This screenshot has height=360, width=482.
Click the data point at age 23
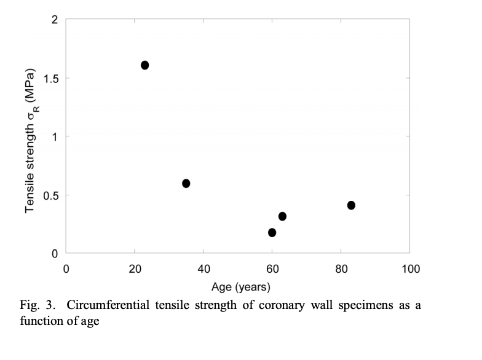click(x=145, y=65)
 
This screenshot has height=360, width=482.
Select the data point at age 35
click(x=186, y=183)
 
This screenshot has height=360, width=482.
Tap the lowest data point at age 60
click(x=272, y=232)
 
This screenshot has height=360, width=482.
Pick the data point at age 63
click(x=283, y=216)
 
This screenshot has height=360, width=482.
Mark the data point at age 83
click(x=351, y=205)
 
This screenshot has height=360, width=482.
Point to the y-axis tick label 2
click(x=55, y=20)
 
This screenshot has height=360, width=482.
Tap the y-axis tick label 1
click(x=55, y=136)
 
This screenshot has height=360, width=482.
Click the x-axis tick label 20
click(x=135, y=268)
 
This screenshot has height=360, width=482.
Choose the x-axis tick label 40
click(x=204, y=268)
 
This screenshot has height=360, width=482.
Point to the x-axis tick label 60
click(x=272, y=268)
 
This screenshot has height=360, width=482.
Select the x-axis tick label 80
click(x=341, y=268)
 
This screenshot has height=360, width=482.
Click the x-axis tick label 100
click(x=410, y=268)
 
